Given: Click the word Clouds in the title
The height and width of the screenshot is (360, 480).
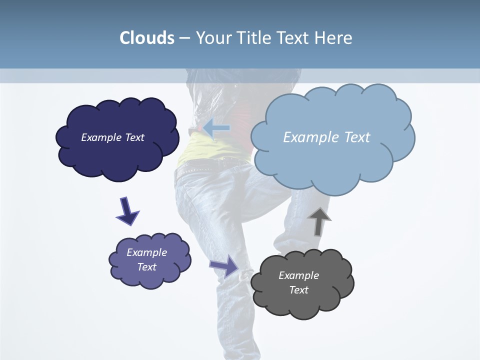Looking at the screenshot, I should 147,38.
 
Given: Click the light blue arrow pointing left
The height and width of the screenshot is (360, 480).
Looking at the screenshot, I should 216,128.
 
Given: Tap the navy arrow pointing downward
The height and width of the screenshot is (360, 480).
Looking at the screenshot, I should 127,211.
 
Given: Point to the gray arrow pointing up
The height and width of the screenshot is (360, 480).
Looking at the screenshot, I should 319,220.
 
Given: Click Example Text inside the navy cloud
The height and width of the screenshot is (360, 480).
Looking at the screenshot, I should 112,137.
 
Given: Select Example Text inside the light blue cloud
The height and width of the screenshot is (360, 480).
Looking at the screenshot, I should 326,137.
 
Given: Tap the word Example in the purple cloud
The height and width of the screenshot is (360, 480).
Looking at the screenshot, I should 146,252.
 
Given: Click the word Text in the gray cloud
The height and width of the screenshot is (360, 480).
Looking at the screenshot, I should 298,290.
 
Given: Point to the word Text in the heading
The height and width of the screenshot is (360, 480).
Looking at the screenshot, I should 295,38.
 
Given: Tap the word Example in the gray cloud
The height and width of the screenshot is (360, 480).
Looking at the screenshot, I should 298,275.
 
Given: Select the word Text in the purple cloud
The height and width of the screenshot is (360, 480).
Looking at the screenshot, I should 146,267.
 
